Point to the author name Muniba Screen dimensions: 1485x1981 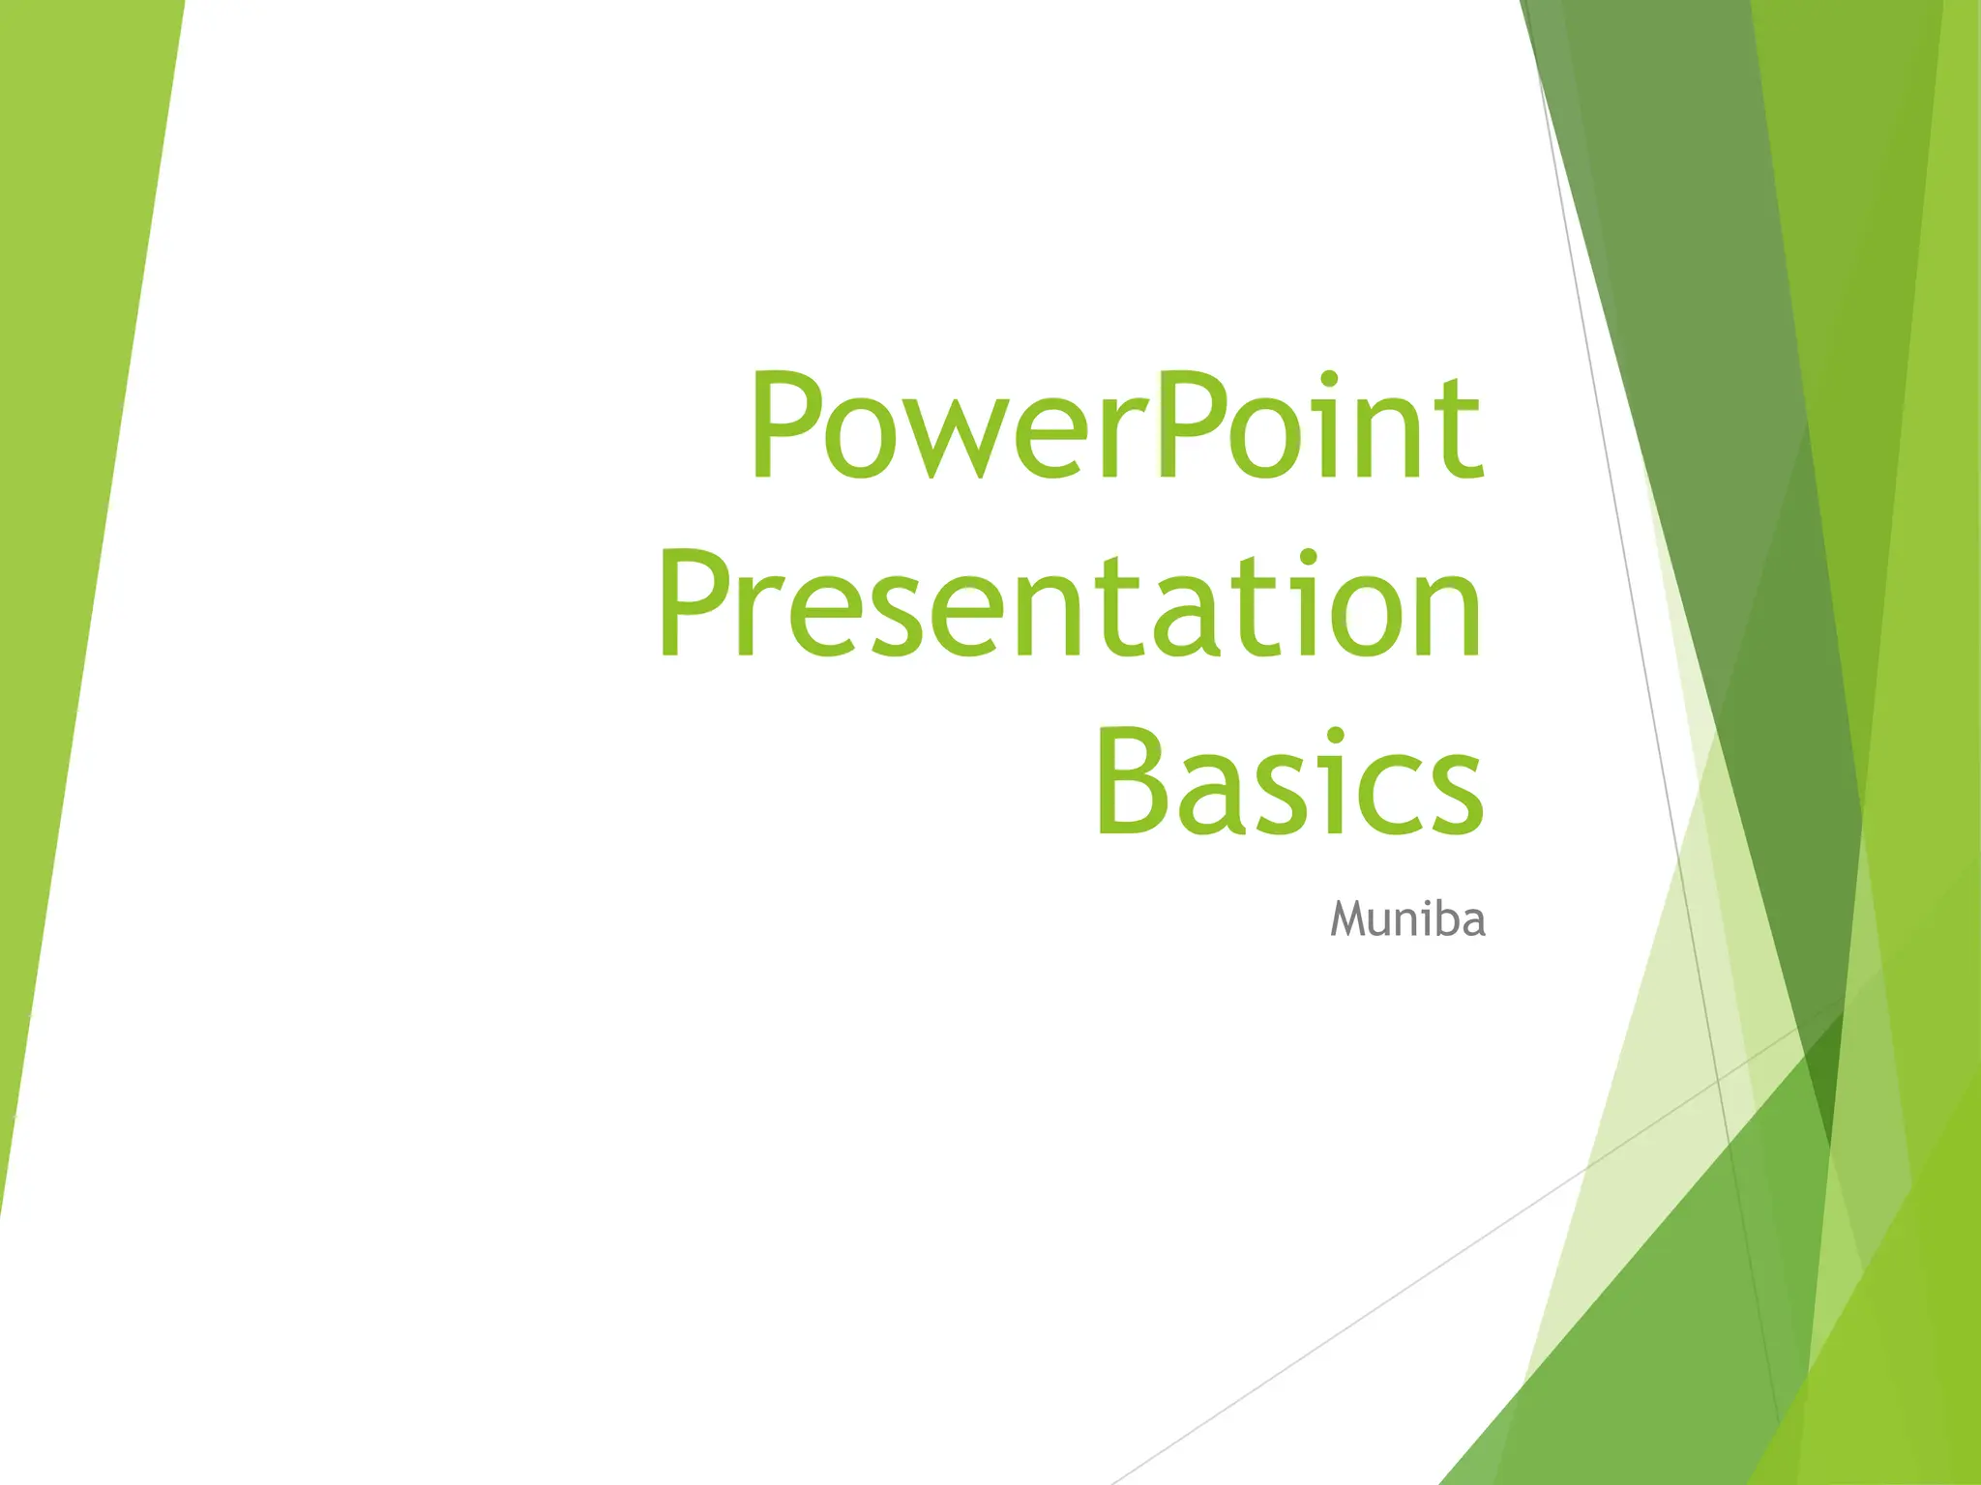[x=1407, y=918]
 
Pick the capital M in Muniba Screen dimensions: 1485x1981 [x=1349, y=918]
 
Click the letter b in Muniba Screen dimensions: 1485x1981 [x=1440, y=918]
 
